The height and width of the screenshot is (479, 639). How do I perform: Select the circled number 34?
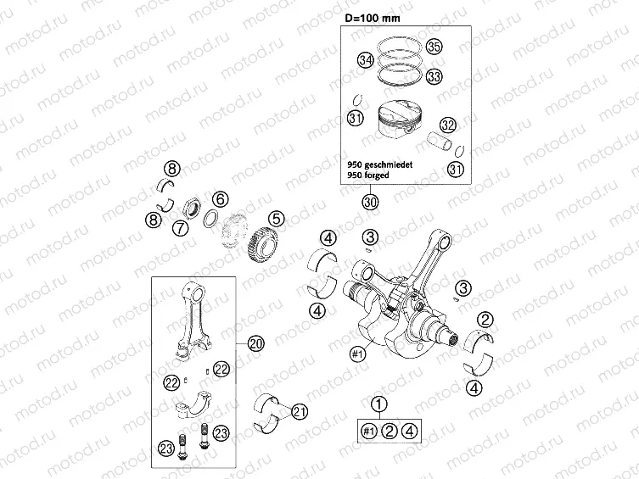click(x=366, y=60)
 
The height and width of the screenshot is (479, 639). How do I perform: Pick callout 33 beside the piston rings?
click(x=434, y=76)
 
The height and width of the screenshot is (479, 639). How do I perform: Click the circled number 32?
click(x=448, y=125)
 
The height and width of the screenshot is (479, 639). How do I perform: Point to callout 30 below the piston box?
click(x=369, y=202)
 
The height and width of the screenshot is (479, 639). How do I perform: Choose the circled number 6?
click(x=219, y=200)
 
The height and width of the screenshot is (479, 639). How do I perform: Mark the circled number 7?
click(x=180, y=228)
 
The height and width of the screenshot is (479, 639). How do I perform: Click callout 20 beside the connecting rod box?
click(x=256, y=343)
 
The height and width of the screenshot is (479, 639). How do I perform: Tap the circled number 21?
click(x=299, y=411)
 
